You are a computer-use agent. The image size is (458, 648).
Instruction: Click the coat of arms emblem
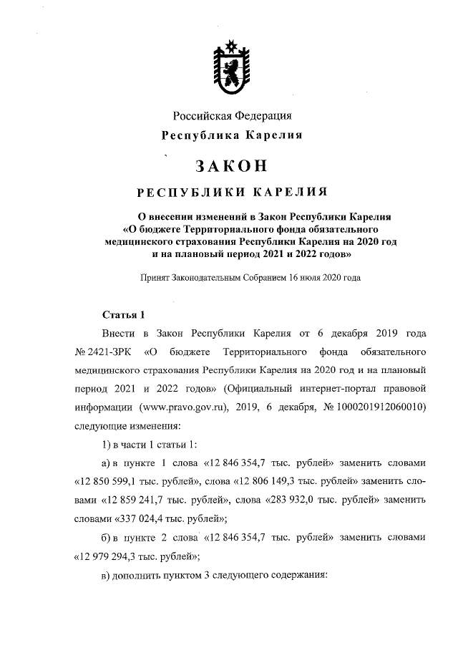230,69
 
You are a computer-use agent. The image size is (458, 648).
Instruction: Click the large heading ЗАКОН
231,166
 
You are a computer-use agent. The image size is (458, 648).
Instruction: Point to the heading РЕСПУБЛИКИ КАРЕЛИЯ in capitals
231,192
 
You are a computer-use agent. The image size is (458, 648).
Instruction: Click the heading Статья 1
124,314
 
